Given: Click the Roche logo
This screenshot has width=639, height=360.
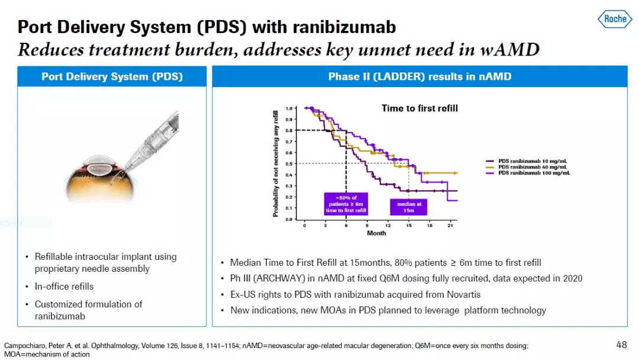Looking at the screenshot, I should (615, 19).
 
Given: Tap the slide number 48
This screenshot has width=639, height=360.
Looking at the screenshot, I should (622, 344).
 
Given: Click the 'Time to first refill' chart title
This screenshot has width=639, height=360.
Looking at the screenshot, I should (419, 108).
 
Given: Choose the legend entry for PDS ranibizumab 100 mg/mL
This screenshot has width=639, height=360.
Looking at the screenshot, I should (530, 173).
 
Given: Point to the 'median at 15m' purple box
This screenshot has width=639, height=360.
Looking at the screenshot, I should (408, 207).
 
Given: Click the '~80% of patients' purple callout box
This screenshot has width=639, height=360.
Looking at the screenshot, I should (346, 203).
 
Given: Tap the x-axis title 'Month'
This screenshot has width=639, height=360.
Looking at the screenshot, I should (376, 233).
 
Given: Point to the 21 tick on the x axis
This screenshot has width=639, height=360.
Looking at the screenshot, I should (450, 226).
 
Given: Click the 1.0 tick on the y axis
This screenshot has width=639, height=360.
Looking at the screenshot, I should (289, 109).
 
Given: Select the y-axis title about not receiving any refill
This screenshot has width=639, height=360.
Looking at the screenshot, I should (276, 163).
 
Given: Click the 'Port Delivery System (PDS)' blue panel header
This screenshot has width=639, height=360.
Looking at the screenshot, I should (112, 77).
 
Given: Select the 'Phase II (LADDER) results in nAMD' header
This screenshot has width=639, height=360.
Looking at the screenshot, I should (419, 77).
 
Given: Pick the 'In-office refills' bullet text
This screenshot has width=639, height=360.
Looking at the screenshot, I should (64, 287).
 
